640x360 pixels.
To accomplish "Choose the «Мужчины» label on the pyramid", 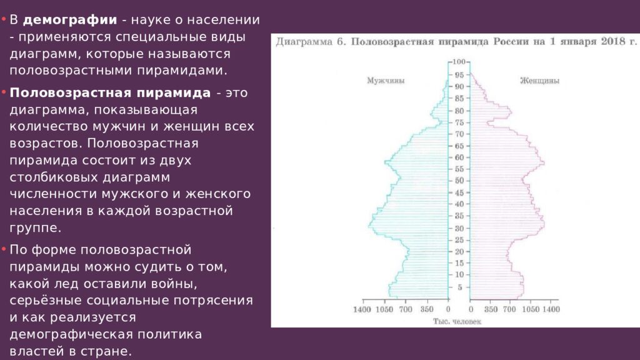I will [385, 81].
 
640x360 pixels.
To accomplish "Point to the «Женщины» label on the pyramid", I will [539, 81].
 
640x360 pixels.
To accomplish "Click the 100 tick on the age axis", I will [459, 61].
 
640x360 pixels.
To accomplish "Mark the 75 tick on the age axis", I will [459, 122].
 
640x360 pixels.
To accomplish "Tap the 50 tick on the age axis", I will [459, 181].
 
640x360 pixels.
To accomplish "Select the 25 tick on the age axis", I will [459, 240].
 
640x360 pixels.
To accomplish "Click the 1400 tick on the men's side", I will [362, 309].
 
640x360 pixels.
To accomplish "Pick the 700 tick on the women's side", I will [510, 309].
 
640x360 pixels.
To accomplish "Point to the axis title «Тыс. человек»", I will [457, 321].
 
